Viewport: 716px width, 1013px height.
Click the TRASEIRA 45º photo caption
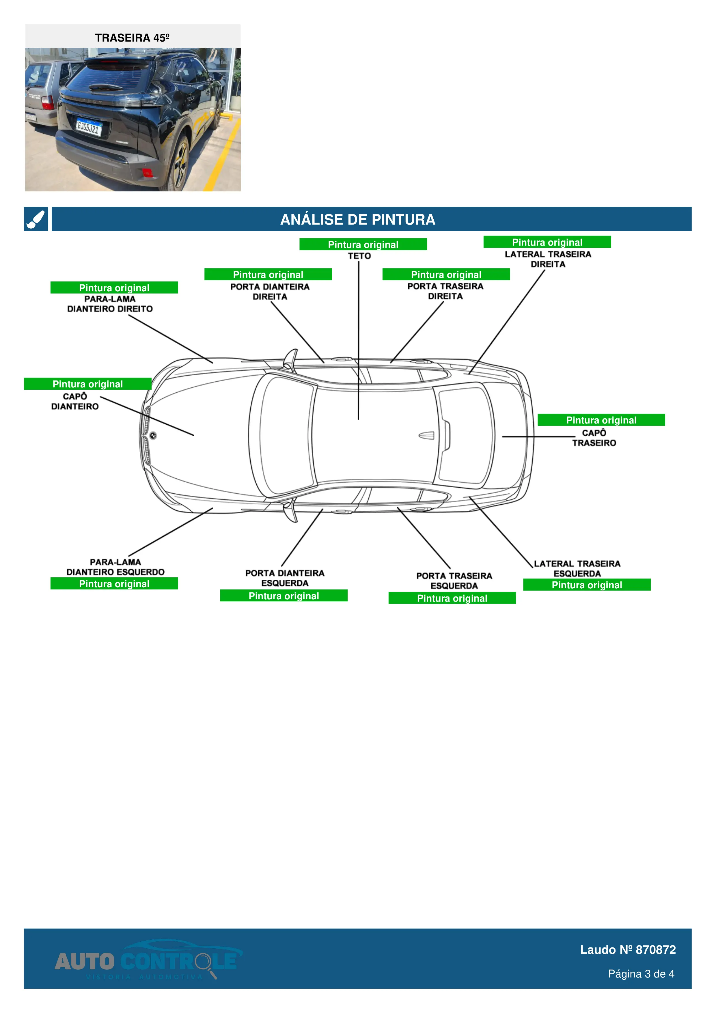(x=132, y=38)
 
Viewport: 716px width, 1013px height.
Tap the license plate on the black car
(x=89, y=128)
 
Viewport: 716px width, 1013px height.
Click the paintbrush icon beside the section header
(x=36, y=219)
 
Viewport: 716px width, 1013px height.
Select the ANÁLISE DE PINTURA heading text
(x=357, y=219)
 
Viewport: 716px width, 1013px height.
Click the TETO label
(x=359, y=256)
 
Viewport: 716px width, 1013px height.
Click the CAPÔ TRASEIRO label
(x=594, y=438)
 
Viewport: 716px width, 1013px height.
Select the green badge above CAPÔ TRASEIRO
(x=601, y=420)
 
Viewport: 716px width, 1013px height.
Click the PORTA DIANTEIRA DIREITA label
(x=270, y=292)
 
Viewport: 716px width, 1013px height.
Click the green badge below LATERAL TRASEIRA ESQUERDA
(x=586, y=585)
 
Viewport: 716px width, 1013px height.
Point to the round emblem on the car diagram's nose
(x=153, y=435)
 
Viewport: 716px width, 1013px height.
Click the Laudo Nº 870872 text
(x=627, y=949)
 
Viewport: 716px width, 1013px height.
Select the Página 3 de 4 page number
(x=641, y=974)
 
